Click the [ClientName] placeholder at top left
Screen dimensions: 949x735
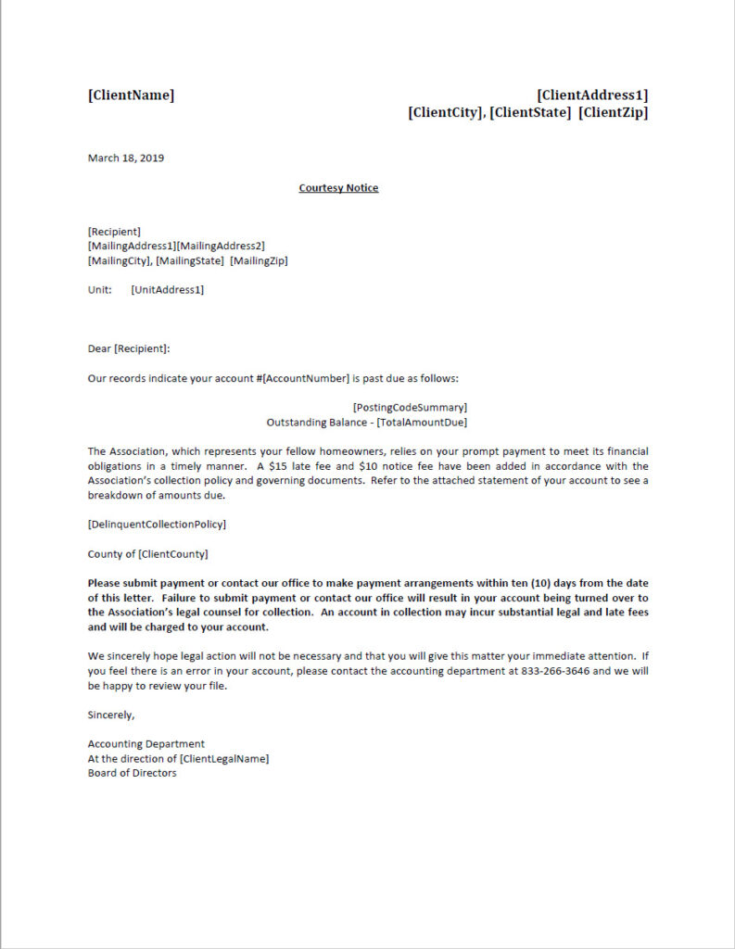coord(131,95)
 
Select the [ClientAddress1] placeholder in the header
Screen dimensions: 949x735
coord(592,95)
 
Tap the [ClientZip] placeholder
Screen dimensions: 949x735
coord(613,112)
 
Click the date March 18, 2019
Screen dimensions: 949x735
coord(126,158)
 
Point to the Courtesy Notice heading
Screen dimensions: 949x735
coord(338,188)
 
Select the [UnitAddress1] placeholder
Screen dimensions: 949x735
coord(168,290)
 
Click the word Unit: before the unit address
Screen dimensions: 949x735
coord(100,290)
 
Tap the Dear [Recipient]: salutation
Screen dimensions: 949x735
coord(129,348)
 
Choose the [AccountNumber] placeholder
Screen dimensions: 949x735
coord(306,378)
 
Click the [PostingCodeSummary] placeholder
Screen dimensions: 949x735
coord(410,407)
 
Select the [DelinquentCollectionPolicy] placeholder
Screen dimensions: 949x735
coord(157,525)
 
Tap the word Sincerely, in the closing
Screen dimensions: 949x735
coord(111,715)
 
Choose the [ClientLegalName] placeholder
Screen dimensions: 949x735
coord(224,758)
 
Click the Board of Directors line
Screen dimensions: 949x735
coord(132,773)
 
